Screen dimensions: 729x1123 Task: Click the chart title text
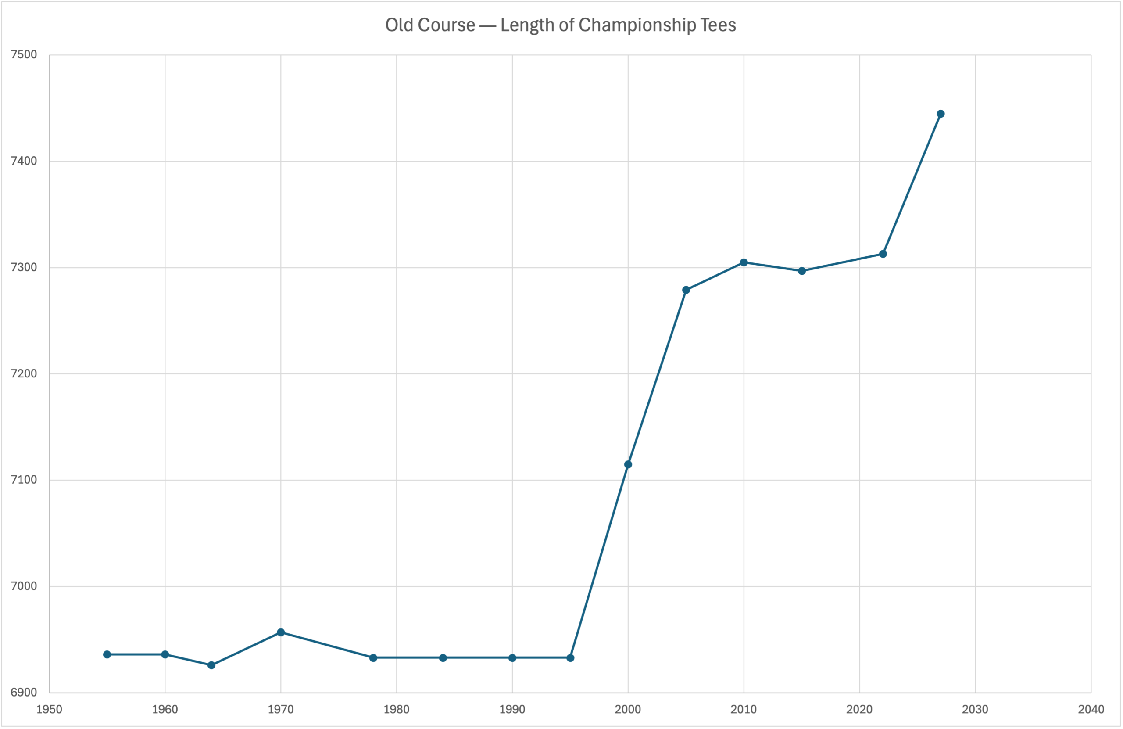560,25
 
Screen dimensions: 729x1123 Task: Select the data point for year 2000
628,465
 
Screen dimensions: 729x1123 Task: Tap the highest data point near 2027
941,114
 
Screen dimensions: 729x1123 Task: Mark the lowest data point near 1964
211,665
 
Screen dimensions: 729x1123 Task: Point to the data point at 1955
107,654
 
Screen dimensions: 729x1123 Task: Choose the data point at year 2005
686,290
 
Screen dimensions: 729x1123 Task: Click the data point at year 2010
744,262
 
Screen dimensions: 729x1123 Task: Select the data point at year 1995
570,658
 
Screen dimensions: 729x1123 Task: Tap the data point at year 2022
883,254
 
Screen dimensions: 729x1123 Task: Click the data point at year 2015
801,271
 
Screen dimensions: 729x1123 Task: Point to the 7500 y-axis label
24,55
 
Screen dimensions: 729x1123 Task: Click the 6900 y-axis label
24,693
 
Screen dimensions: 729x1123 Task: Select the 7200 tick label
24,373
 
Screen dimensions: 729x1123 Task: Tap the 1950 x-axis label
49,709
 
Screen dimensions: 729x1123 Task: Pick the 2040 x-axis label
1091,709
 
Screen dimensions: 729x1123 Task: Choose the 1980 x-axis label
397,709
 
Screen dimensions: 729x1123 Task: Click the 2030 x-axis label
975,709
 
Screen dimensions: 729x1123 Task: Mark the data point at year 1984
443,658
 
